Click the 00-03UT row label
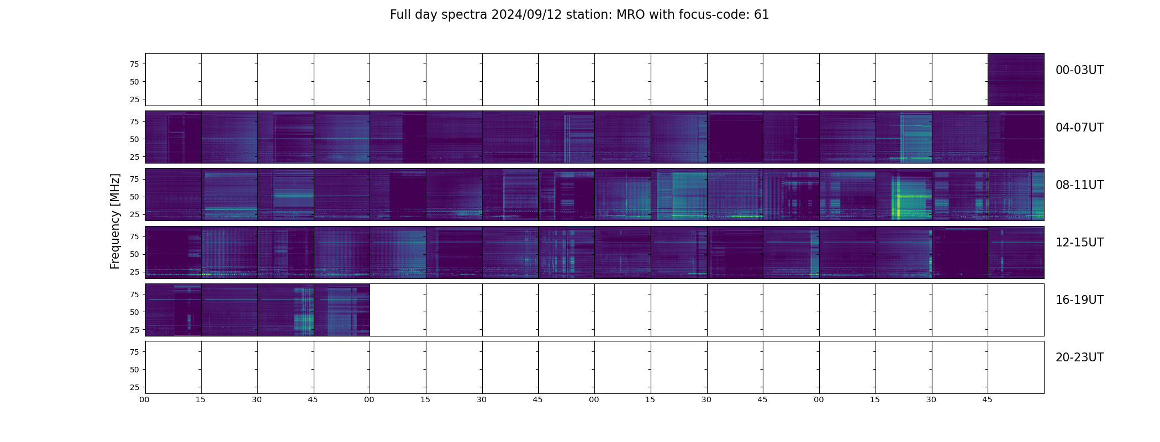click(x=1079, y=70)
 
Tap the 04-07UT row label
click(x=1079, y=128)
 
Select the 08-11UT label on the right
click(x=1079, y=185)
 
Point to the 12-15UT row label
click(x=1079, y=243)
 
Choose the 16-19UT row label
click(x=1079, y=300)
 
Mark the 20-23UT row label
click(x=1079, y=357)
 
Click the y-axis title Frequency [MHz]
click(x=115, y=221)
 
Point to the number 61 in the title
click(x=761, y=15)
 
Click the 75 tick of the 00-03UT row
click(x=134, y=64)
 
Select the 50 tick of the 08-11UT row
click(x=134, y=197)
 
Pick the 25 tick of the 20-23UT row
click(x=134, y=387)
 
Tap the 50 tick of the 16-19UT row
click(x=134, y=312)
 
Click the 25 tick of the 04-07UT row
click(x=134, y=157)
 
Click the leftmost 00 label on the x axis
click(x=144, y=399)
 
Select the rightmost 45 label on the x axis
click(x=987, y=399)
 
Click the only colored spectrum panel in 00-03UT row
click(x=1016, y=80)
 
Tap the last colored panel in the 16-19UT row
click(x=342, y=310)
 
